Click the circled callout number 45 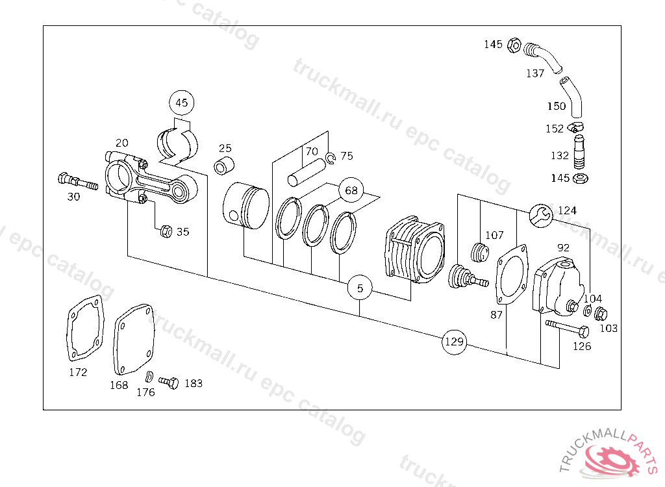coord(182,103)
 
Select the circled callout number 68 coord(351,190)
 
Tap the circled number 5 coord(360,288)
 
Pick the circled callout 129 coord(454,342)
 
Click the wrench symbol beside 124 coord(542,216)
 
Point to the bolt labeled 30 coord(78,182)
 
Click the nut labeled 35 coord(166,231)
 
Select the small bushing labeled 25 coord(224,165)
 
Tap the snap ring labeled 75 coord(331,158)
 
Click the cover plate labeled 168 coord(134,340)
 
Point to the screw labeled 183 coord(169,382)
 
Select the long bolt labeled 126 coord(567,329)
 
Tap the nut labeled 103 coord(601,314)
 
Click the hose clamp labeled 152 coord(576,127)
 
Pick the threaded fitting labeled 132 coord(579,152)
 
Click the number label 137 coord(535,73)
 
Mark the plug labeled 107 coord(480,253)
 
